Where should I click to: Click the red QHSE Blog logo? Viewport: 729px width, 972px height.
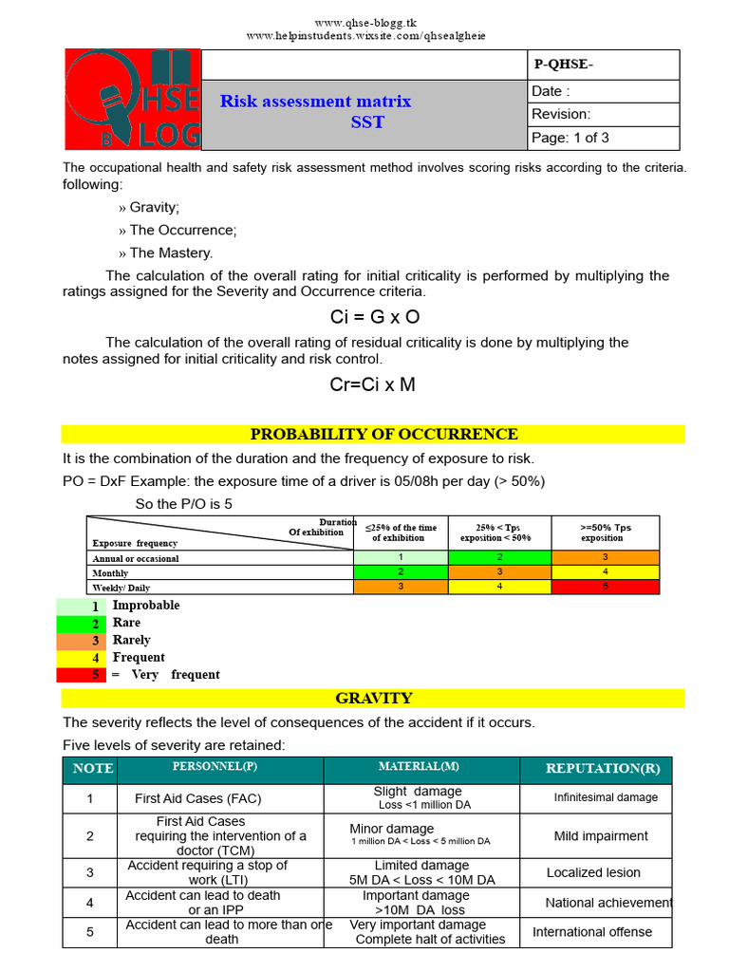pos(133,100)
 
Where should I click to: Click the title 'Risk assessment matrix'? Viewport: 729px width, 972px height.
pos(315,102)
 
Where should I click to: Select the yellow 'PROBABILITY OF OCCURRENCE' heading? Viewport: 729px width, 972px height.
pos(383,435)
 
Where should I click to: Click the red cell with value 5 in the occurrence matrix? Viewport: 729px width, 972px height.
pos(605,587)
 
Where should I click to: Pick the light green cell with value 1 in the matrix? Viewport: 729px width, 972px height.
pos(401,557)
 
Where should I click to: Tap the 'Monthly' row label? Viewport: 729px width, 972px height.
pos(111,573)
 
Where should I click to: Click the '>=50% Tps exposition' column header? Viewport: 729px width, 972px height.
pos(605,533)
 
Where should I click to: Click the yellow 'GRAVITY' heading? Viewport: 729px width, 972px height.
pos(373,699)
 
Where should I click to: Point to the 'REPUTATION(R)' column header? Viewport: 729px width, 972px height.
pos(603,769)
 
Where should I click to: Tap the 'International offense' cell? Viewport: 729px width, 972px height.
pos(592,932)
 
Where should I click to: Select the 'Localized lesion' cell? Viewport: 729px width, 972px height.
pos(593,872)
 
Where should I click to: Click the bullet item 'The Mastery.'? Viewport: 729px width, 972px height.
pos(171,252)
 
